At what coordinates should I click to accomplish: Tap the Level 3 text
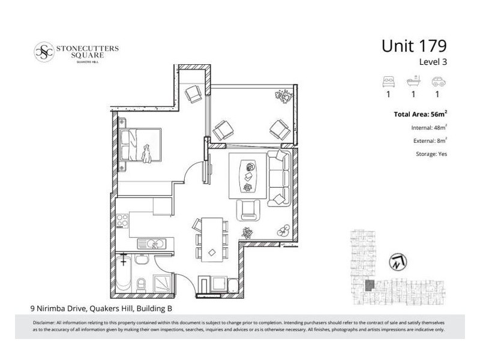433,61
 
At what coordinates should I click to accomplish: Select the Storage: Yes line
431,154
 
